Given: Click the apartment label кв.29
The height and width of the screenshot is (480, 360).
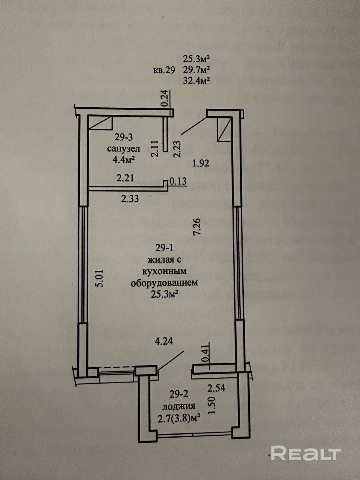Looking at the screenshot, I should point(164,70).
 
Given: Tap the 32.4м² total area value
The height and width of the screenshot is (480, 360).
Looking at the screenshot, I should point(196,80).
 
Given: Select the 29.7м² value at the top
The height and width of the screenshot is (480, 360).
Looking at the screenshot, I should point(196,69).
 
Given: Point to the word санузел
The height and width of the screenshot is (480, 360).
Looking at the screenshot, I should point(123,149).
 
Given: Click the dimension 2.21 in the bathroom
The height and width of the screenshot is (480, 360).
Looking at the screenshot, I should point(125,178).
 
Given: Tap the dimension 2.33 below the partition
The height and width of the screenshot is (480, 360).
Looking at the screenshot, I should point(130,198).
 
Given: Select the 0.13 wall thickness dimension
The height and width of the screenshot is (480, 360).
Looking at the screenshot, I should point(178,181).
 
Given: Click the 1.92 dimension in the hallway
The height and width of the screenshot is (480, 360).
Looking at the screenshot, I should point(200,163).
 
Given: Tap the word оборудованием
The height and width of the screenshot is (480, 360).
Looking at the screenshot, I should point(164,283).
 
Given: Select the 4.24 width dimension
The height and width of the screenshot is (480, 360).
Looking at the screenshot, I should point(164,341).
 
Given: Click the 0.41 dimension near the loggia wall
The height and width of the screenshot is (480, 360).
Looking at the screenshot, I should point(205,353).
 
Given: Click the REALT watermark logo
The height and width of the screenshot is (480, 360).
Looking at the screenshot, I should point(306,453).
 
